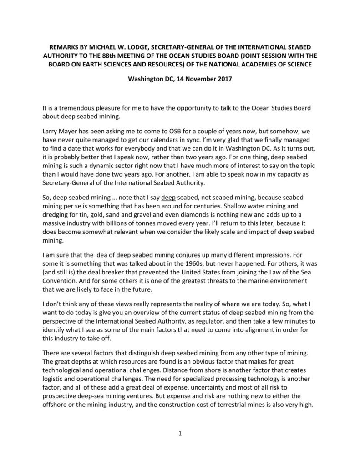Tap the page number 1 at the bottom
tap(180, 434)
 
